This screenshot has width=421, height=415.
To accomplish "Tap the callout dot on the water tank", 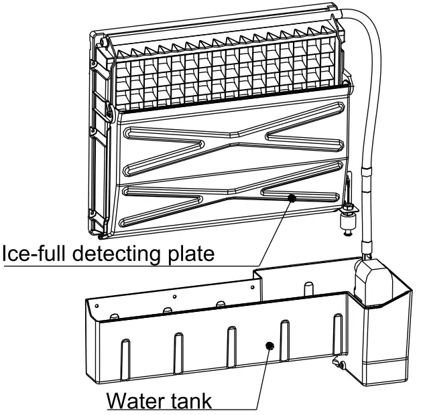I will (270, 345).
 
